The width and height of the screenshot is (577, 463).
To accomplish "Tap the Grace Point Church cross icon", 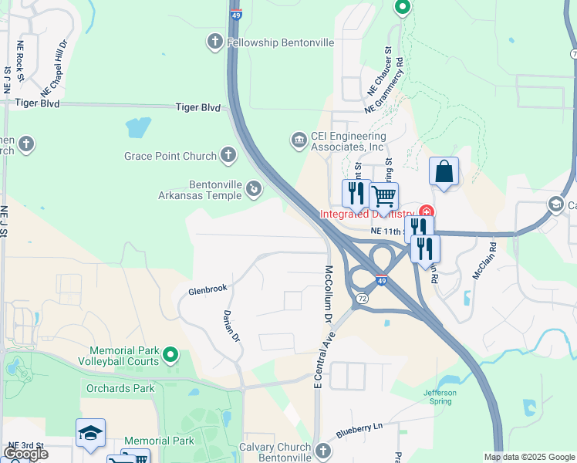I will click(228, 156).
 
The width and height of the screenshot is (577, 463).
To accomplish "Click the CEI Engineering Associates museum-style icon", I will click(299, 140).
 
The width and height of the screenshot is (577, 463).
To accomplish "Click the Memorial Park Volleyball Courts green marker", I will click(170, 355).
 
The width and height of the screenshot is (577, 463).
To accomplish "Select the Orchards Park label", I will click(120, 388).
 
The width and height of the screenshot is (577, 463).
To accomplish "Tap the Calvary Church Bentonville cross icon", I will click(323, 448).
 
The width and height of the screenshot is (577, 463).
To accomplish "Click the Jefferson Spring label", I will click(440, 397).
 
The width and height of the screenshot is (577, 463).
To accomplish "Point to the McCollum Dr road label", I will click(328, 294).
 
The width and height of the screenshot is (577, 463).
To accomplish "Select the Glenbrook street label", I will click(208, 289).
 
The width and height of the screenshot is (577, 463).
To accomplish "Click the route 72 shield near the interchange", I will click(362, 296).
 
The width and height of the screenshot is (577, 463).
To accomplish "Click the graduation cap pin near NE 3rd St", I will click(90, 434).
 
